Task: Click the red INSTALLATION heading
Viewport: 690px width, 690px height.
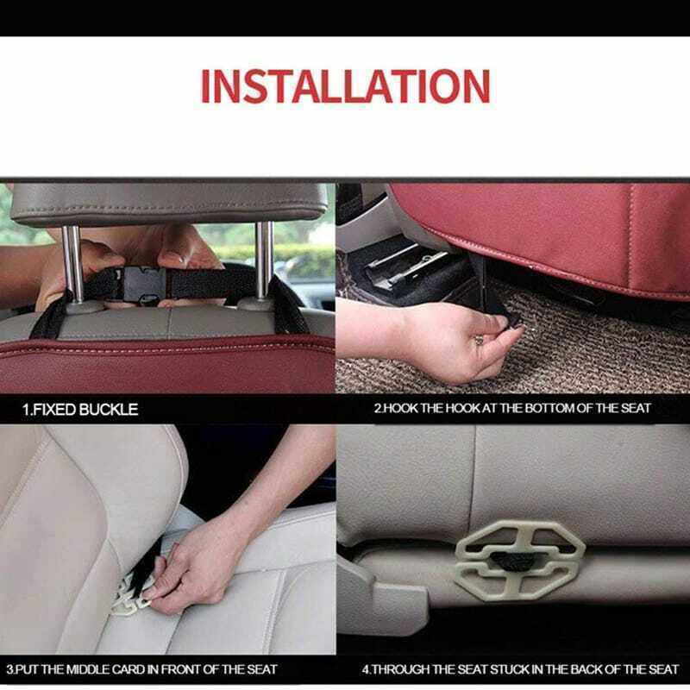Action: pos(346,85)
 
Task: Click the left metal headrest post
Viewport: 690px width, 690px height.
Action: pos(73,263)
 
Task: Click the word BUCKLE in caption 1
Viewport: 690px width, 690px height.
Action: pos(109,410)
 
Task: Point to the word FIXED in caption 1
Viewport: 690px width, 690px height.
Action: pos(54,410)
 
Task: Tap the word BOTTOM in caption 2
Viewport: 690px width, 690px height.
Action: pos(549,408)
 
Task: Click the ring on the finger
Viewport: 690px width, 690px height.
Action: pos(479,340)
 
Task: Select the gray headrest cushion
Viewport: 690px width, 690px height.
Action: pos(169,204)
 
